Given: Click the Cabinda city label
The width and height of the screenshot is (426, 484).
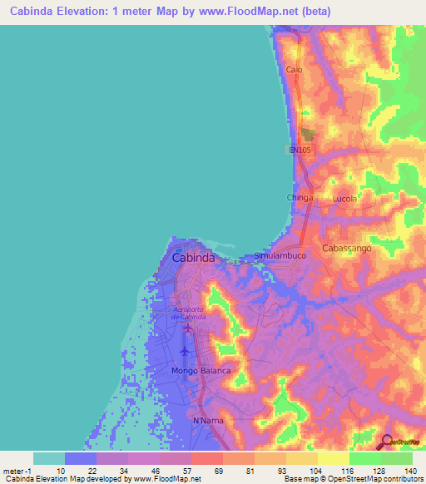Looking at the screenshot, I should (193, 258).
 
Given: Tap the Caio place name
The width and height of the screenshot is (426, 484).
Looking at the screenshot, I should (294, 70).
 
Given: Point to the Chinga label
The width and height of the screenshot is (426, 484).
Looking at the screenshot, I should (300, 198).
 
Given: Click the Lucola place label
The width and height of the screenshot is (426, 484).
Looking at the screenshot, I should (344, 199).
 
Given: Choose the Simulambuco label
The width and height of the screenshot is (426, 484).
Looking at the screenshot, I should (280, 256).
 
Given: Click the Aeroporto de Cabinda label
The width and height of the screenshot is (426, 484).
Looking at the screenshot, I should (188, 313).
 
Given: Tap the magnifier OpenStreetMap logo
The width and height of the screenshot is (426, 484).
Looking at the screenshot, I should (387, 441).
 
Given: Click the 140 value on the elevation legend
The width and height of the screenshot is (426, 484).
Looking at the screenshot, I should (411, 472).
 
